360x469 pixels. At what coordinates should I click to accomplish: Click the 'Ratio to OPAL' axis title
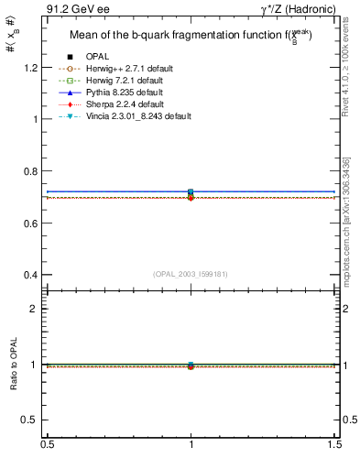click(x=13, y=365)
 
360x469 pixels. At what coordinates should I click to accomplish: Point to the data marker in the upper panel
click(x=191, y=192)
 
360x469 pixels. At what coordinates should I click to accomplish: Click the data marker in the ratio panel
click(x=191, y=365)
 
